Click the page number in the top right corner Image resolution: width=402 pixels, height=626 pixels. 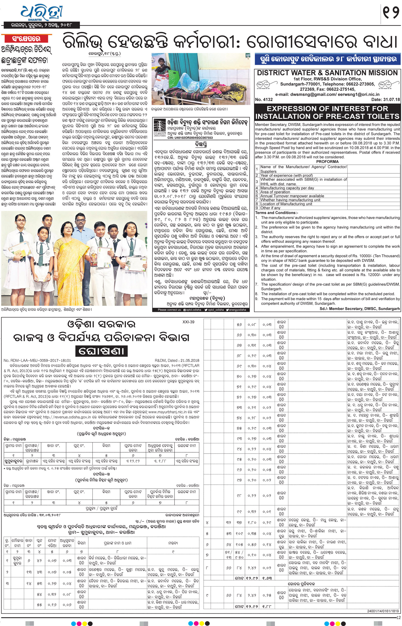[391, 13]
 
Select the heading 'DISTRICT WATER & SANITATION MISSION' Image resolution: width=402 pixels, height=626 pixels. [327, 73]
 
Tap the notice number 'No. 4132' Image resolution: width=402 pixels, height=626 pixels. [264, 100]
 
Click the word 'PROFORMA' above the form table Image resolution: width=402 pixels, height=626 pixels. [327, 162]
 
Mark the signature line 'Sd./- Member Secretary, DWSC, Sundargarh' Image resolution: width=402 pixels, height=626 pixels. [359, 309]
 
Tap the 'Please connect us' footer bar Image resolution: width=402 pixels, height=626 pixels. [200, 310]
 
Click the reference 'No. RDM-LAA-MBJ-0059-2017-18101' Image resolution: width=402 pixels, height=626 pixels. [37, 361]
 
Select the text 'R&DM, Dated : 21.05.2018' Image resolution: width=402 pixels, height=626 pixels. [177, 361]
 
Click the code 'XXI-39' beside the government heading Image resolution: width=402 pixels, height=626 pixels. [188, 322]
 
